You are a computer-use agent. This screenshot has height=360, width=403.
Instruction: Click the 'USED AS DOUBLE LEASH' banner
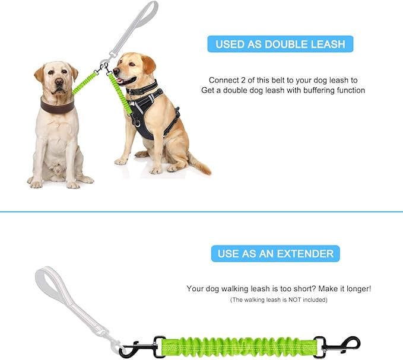coord(280,44)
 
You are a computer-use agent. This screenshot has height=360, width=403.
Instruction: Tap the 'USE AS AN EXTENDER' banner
coord(275,254)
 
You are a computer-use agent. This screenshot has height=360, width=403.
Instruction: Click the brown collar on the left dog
coord(57,104)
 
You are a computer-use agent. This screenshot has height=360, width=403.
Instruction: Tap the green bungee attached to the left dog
coord(84,84)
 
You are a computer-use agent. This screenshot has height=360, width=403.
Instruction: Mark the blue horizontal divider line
coord(201,212)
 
